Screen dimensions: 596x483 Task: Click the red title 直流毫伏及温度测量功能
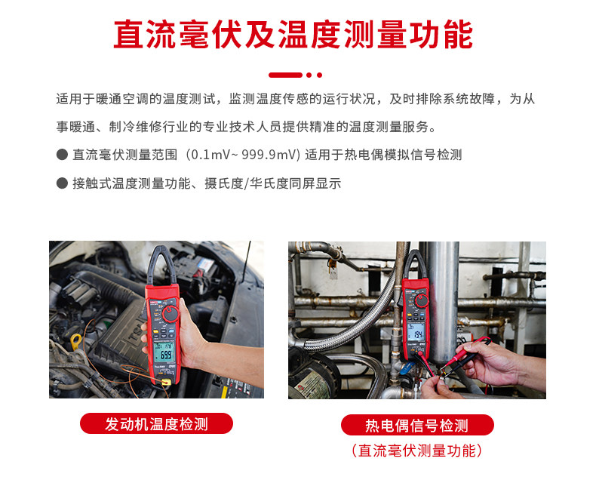click(293, 34)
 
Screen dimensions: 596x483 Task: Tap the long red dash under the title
click(285, 75)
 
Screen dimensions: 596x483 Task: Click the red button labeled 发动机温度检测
click(156, 423)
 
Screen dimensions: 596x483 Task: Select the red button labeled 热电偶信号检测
click(417, 425)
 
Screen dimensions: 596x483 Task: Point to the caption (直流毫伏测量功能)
click(417, 451)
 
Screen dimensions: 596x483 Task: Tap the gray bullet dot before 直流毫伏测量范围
click(62, 155)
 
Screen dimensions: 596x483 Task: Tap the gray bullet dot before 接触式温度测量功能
click(62, 183)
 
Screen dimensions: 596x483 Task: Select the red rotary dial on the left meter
click(171, 314)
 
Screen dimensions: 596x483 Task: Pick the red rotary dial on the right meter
click(421, 300)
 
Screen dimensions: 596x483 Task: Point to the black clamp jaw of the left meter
click(161, 264)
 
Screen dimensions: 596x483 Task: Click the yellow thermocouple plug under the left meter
click(166, 381)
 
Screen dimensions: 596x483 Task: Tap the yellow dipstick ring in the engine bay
click(76, 340)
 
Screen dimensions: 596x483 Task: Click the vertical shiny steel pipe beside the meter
click(443, 300)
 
